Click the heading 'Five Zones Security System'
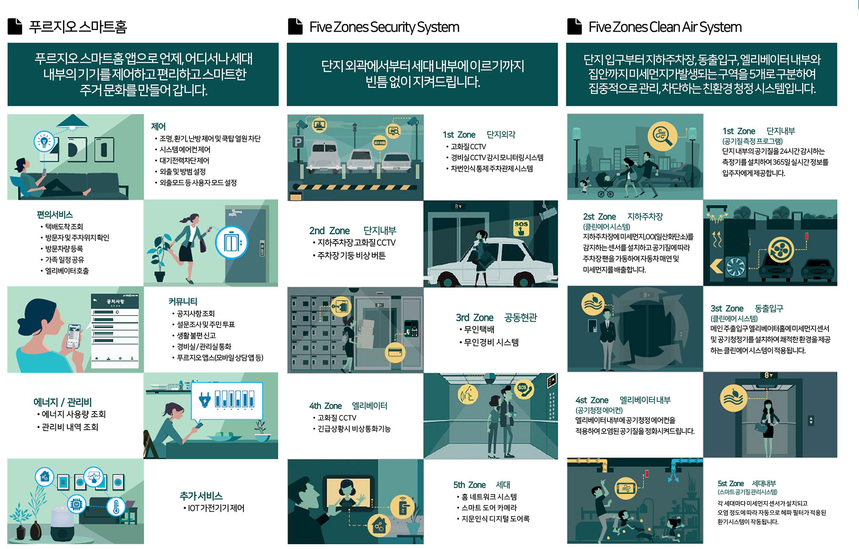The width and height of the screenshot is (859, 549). (384, 27)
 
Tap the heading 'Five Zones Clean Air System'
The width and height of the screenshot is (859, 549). (665, 27)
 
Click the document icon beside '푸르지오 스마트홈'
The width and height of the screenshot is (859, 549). (15, 26)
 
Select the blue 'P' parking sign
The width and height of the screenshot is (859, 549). (298, 142)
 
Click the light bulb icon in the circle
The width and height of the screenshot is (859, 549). (44, 141)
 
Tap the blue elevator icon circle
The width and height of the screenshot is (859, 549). (231, 242)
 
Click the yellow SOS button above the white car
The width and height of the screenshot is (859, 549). (521, 228)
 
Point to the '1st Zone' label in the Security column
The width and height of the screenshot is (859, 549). (459, 135)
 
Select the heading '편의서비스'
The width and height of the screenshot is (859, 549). (55, 215)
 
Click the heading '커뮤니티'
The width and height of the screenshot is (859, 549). (183, 302)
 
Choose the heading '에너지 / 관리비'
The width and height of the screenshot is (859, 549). (63, 402)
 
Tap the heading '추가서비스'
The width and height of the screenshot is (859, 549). (201, 496)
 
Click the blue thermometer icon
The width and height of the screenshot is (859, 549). (115, 506)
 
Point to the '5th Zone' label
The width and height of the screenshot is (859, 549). (469, 485)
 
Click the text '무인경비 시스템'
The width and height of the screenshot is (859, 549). (491, 342)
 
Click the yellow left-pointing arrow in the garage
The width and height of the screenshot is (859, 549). (716, 265)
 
